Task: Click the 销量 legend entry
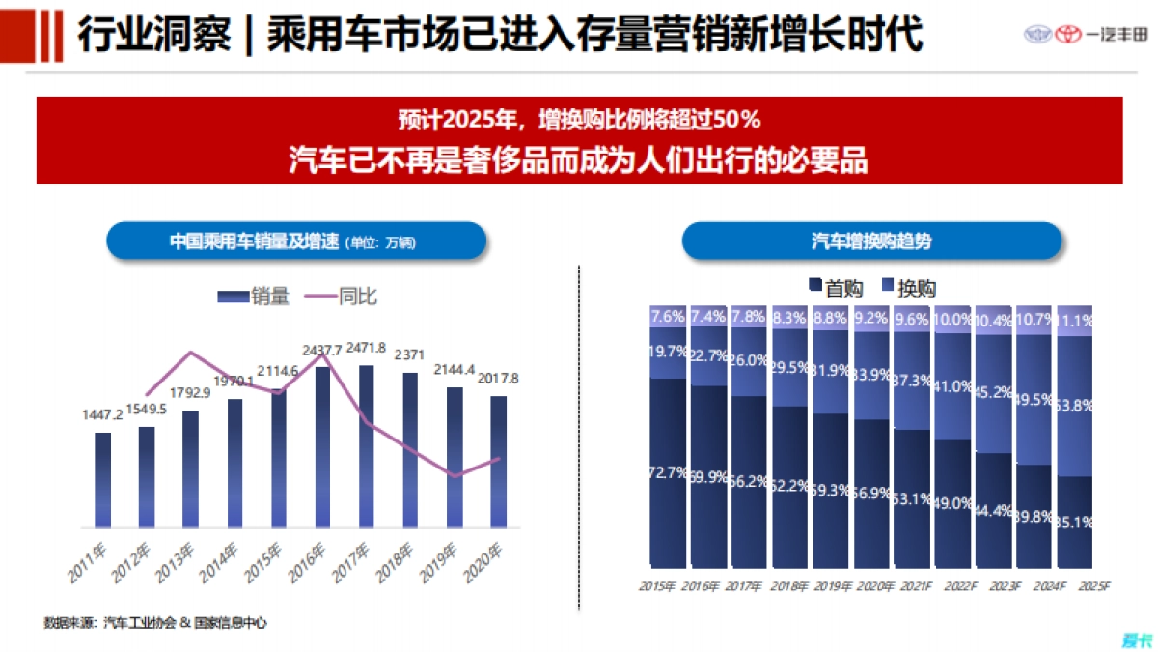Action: click(255, 297)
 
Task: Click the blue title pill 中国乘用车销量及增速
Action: click(296, 241)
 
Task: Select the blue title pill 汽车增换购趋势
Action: click(871, 241)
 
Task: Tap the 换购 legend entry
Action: click(907, 287)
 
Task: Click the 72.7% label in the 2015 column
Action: click(668, 473)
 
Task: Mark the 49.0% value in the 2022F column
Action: click(952, 504)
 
